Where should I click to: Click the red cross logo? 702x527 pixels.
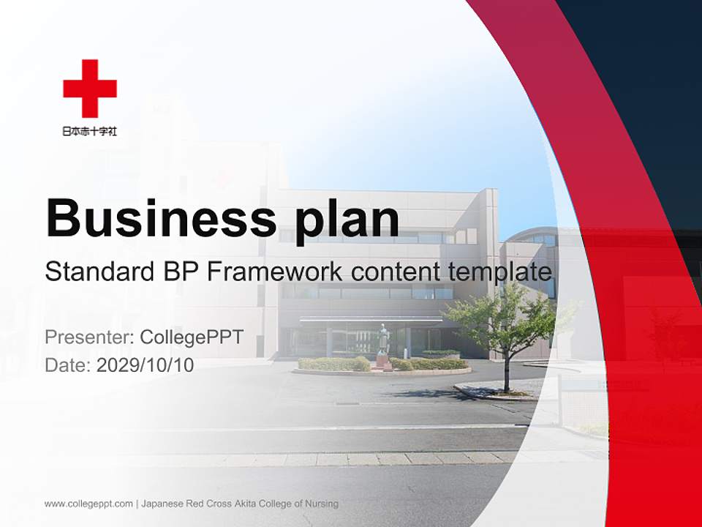(90, 88)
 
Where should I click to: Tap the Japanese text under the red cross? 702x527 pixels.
(90, 132)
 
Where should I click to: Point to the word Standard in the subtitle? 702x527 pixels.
(97, 272)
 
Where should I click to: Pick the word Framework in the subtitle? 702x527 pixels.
(274, 272)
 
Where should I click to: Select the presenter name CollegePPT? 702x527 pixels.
(191, 337)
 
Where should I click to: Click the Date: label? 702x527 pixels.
(68, 365)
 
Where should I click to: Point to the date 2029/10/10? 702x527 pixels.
(146, 365)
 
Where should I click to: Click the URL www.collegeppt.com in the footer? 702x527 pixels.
(88, 504)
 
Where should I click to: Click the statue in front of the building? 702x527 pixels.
(382, 344)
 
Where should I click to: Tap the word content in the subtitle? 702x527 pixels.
(394, 272)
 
